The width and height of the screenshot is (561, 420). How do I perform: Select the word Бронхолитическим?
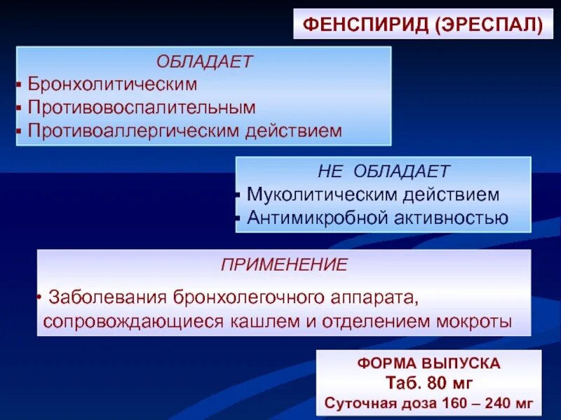point(112,85)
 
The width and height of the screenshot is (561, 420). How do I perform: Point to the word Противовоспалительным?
point(142,108)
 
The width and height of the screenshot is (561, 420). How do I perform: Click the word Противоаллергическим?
point(133,131)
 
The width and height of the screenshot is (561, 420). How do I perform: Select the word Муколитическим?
point(320,194)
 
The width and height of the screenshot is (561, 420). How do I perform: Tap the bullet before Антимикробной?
point(241,218)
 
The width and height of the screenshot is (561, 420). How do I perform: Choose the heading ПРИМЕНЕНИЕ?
point(284,265)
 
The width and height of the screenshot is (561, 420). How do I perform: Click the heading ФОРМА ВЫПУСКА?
point(428,364)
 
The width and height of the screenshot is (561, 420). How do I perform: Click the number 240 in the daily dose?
point(496,404)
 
